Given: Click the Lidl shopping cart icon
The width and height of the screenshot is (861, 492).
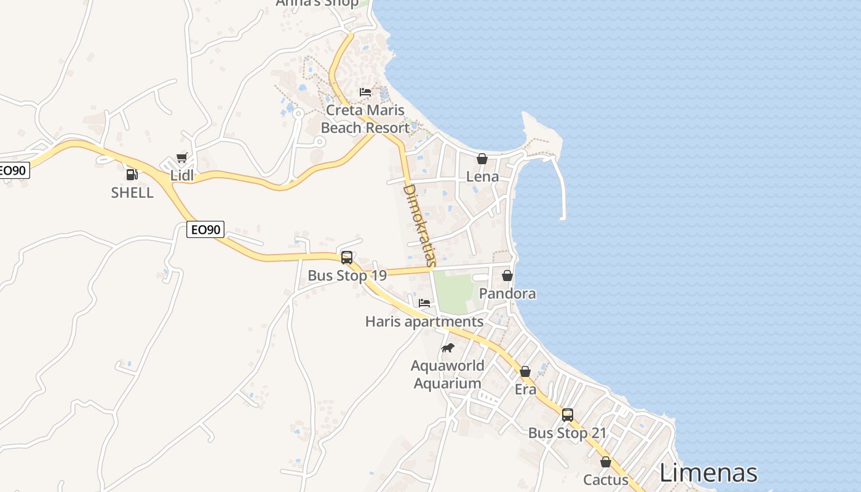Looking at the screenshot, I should (x=181, y=157).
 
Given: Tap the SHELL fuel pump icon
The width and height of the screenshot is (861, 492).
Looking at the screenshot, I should (x=132, y=175).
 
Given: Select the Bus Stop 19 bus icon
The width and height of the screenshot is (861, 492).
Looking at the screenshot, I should (x=347, y=257).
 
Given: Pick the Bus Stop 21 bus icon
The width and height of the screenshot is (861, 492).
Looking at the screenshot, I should (x=567, y=415).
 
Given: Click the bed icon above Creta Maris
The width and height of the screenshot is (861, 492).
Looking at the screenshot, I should (x=365, y=92).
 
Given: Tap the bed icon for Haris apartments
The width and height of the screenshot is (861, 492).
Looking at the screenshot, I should (x=424, y=303).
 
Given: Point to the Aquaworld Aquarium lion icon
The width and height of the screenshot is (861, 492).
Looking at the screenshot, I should (x=448, y=348).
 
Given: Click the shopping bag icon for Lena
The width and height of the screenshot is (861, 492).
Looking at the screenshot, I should (x=482, y=159).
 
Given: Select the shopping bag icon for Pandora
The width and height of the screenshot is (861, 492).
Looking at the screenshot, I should (x=507, y=276).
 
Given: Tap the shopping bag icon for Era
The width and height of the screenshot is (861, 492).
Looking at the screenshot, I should (x=525, y=371).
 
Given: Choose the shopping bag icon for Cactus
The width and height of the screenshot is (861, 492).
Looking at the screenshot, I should (x=606, y=462).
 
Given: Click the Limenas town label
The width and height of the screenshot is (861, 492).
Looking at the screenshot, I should (x=708, y=473).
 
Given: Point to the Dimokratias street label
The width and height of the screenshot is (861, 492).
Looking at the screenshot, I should (x=419, y=224).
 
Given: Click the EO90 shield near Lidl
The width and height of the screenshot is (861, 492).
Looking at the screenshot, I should (x=205, y=230).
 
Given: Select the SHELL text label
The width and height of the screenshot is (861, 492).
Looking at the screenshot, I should (x=132, y=192).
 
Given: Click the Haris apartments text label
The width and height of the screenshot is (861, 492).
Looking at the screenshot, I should (x=424, y=322).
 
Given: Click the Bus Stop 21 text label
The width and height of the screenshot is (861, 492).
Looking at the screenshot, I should (x=567, y=433).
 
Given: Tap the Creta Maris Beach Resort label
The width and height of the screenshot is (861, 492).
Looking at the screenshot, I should (x=365, y=119).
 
